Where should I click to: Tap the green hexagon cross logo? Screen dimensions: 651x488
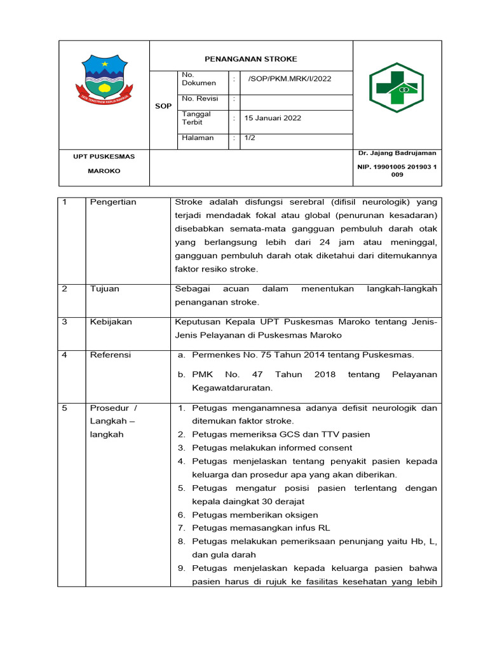tap(396, 88)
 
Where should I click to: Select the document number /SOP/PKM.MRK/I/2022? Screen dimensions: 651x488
tap(289, 79)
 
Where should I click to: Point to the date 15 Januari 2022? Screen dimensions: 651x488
tap(274, 118)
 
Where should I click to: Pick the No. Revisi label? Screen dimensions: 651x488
tap(200, 99)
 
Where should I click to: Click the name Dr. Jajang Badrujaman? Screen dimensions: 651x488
tap(397, 153)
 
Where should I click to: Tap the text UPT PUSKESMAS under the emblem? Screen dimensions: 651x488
tap(104, 156)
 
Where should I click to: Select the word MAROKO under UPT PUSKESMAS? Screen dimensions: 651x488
tap(104, 171)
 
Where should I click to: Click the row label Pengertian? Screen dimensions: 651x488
tap(113, 202)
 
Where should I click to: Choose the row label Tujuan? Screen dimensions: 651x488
tap(104, 289)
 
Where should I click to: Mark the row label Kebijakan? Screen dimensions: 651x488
tap(111, 322)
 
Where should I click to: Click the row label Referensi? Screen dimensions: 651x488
tap(110, 355)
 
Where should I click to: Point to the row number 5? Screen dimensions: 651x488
tap(65, 408)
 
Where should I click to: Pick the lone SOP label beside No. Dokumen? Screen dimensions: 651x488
tap(163, 106)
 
